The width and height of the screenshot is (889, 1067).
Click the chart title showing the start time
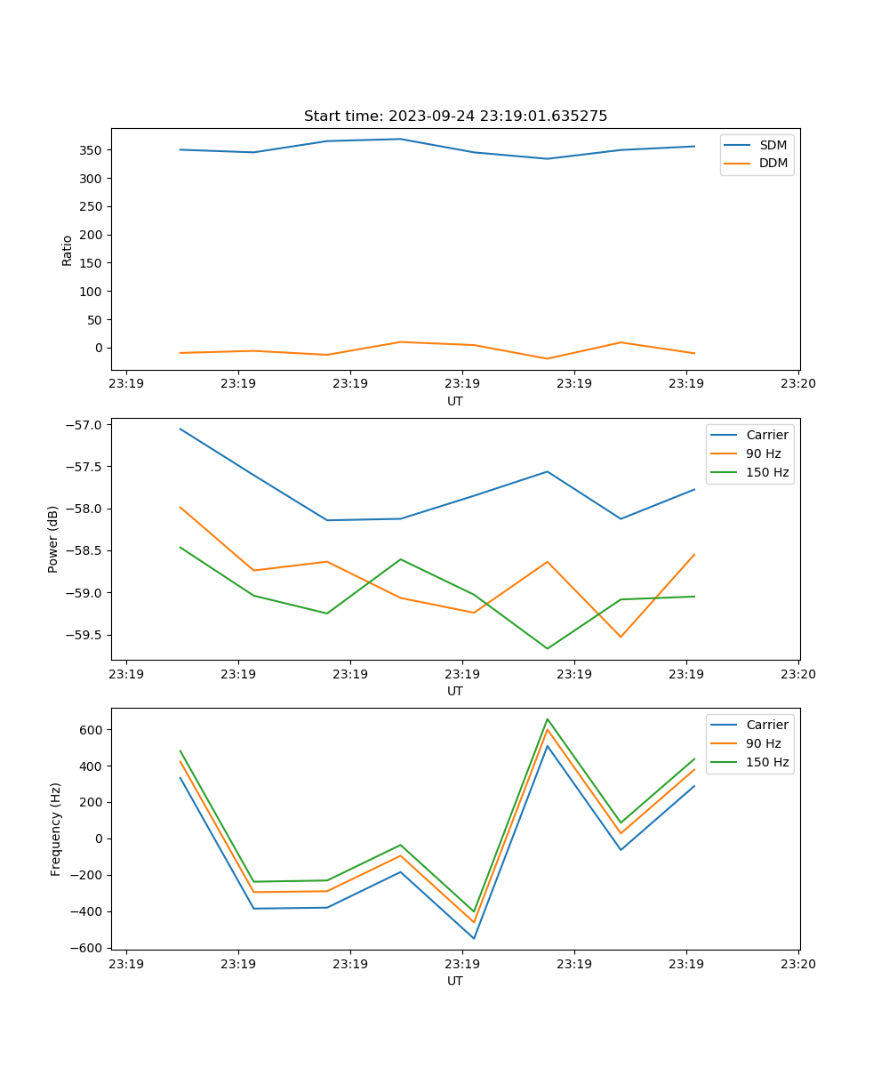[x=455, y=116]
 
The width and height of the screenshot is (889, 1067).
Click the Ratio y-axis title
[x=68, y=249]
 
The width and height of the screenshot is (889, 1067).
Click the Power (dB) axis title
[x=53, y=539]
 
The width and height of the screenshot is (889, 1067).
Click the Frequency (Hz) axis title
[x=55, y=829]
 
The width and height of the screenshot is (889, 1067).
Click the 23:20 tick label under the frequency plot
[x=798, y=963]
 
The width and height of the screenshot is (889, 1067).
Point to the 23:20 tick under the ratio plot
[x=798, y=383]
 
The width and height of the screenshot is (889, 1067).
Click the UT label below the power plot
[x=455, y=691]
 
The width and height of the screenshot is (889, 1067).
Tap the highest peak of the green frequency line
[x=548, y=719]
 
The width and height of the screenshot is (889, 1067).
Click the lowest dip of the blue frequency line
[x=474, y=938]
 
